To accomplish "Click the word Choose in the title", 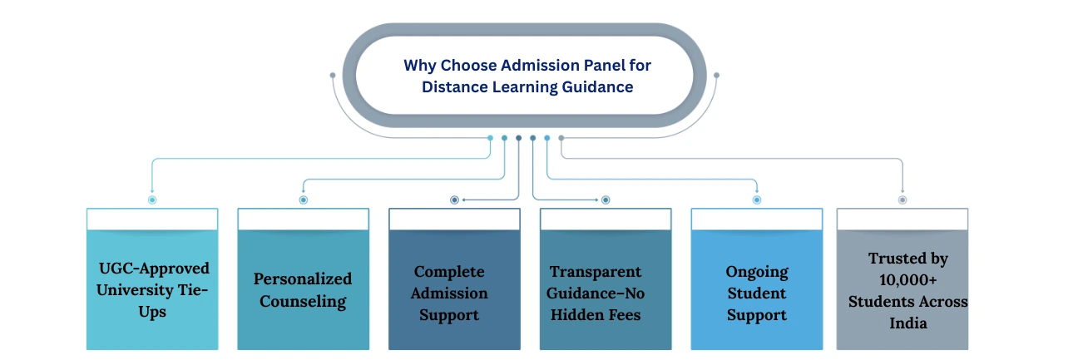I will (477, 65).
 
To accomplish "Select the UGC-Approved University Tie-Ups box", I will (152, 289).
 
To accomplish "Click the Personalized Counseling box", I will (303, 289).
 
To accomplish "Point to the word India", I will (907, 323).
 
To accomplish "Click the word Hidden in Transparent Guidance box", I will (578, 315).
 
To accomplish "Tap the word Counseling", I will (303, 301).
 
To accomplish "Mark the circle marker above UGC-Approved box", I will (152, 200).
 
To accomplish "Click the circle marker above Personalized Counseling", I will (303, 200).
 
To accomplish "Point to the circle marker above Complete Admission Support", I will (454, 200).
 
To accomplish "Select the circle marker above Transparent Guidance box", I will (606, 200).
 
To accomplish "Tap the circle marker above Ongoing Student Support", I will (756, 200).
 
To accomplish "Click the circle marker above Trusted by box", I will (902, 200).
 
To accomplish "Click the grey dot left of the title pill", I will (333, 76).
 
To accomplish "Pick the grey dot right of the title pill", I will (716, 76).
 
